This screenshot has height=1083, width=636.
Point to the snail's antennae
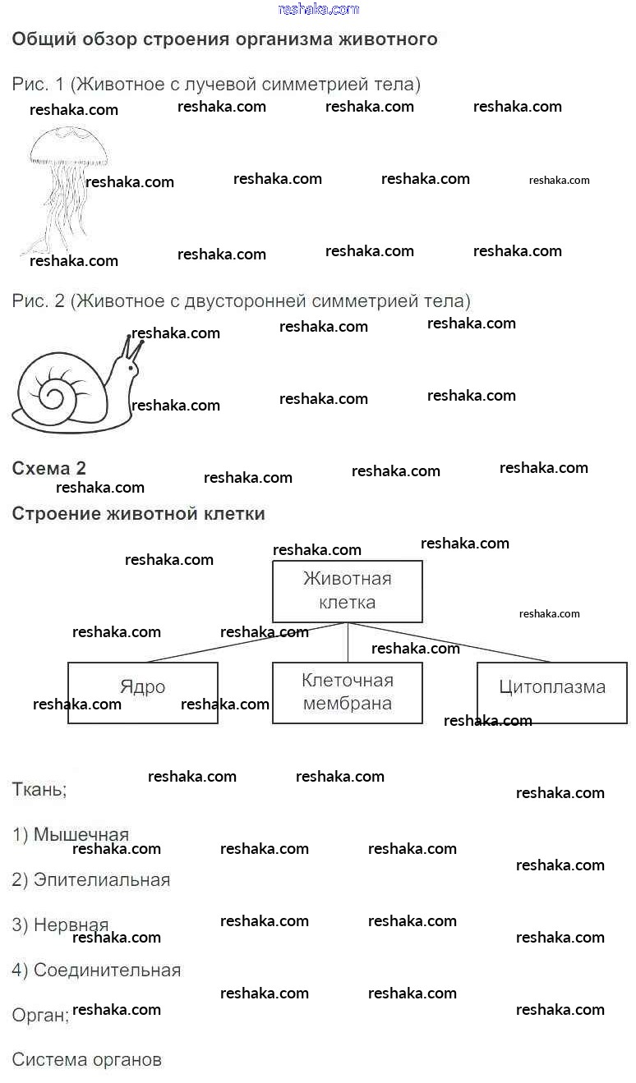click(132, 348)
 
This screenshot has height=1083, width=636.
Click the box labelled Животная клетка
click(348, 591)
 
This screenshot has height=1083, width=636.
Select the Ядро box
click(143, 692)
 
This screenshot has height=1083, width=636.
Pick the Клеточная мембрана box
click(348, 692)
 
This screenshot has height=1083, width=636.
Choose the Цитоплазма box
click(552, 692)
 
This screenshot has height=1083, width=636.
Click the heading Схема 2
click(48, 468)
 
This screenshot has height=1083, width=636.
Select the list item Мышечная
click(71, 835)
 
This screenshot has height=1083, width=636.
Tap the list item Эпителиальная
click(91, 880)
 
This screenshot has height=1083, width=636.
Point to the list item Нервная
click(61, 925)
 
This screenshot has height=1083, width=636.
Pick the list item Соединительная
click(96, 970)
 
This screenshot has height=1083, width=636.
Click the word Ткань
click(39, 790)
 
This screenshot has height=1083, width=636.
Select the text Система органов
click(86, 1059)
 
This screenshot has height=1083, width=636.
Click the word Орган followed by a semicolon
click(40, 1015)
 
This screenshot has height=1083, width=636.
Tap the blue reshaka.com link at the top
click(319, 9)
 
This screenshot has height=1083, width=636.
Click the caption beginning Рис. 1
click(216, 84)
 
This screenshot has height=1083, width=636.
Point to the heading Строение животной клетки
click(138, 514)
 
